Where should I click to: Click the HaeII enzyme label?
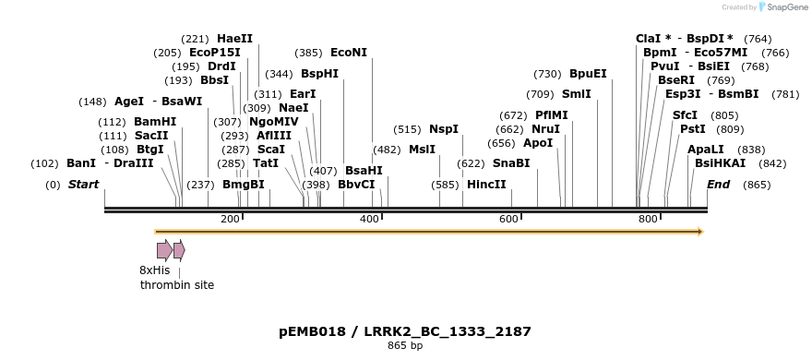click(234, 39)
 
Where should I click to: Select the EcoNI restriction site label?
click(348, 53)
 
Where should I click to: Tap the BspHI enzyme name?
click(319, 74)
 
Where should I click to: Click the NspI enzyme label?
click(443, 129)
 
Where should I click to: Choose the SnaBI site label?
click(511, 163)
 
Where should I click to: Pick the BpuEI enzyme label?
click(588, 74)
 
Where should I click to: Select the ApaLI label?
click(706, 150)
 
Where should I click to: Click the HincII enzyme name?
click(486, 185)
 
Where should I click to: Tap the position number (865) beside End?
click(757, 185)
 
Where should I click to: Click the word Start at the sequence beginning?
click(83, 185)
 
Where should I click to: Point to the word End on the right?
click(718, 185)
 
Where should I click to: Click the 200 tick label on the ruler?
click(230, 219)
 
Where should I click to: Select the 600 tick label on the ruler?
click(508, 219)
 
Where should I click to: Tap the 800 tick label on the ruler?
click(648, 219)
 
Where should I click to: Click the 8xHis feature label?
click(155, 270)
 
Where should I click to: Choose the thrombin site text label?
click(177, 285)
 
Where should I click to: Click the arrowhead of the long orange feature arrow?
click(700, 232)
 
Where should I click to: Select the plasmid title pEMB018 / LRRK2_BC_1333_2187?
click(405, 331)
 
